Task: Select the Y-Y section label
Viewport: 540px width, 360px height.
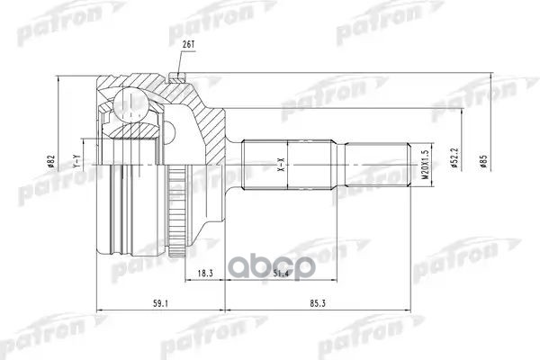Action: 77,164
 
